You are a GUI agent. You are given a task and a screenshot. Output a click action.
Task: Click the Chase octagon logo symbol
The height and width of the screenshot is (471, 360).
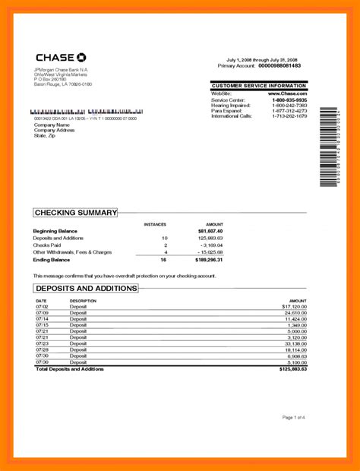click(x=81, y=58)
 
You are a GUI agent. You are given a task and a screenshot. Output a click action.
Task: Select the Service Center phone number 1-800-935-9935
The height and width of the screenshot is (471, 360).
click(x=290, y=100)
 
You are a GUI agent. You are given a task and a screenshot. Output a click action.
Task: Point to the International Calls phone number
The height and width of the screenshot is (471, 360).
click(x=290, y=115)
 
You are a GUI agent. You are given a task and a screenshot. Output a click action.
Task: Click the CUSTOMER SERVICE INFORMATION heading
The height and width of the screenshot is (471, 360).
click(x=259, y=87)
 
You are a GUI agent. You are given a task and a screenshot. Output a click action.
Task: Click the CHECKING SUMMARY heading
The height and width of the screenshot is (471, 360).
click(x=75, y=213)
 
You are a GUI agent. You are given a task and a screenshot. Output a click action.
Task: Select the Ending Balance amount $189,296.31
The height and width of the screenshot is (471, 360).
click(x=208, y=260)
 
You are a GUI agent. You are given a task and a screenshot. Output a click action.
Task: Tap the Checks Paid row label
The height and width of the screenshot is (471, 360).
click(x=46, y=245)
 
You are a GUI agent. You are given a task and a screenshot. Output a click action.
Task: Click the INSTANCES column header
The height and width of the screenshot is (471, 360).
click(x=155, y=224)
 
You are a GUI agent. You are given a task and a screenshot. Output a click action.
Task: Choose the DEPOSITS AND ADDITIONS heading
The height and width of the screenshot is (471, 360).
click(x=86, y=289)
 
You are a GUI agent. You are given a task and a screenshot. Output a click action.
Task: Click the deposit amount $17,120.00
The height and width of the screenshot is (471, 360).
click(x=292, y=306)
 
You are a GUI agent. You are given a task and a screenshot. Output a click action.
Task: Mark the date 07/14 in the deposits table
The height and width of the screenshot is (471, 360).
click(x=41, y=319)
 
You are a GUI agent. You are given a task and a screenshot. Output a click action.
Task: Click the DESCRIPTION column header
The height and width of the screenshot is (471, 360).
click(x=84, y=301)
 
